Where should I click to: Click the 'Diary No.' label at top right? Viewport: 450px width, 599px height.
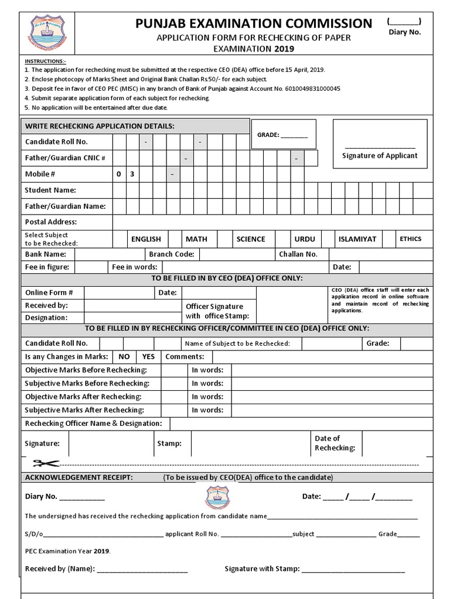405,32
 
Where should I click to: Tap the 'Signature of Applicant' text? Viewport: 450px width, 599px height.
380,156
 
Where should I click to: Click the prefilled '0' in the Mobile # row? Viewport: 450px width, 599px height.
118,174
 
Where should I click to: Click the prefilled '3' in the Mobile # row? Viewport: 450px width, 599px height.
132,174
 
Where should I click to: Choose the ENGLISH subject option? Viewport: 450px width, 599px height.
146,239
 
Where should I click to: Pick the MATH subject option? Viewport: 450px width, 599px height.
196,239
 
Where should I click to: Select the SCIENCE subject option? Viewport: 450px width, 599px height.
251,239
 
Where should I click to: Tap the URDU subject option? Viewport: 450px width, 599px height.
305,239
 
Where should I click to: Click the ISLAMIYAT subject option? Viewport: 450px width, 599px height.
357,239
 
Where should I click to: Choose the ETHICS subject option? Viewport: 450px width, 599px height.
410,239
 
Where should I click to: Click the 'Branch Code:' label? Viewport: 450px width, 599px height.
171,254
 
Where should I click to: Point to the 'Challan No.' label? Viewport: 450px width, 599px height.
298,254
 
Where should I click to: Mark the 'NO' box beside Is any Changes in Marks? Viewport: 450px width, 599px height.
124,356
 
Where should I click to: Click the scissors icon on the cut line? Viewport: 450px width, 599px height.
46,463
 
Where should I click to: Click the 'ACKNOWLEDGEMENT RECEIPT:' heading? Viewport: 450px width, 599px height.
79,477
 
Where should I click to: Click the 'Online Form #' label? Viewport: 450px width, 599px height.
49,292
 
